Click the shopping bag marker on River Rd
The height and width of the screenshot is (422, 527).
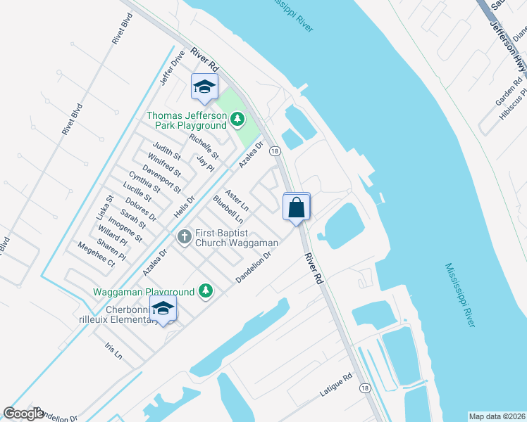297,207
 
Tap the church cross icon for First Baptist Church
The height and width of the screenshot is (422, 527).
185,236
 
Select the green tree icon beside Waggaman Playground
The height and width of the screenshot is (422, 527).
205,290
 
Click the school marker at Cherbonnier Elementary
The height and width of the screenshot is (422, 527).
163,309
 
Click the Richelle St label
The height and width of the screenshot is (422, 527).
204,146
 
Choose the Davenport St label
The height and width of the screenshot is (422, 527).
161,179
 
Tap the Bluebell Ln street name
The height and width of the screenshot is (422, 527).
228,210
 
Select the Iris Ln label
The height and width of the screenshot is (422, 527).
113,351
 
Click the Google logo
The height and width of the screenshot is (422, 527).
23,414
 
